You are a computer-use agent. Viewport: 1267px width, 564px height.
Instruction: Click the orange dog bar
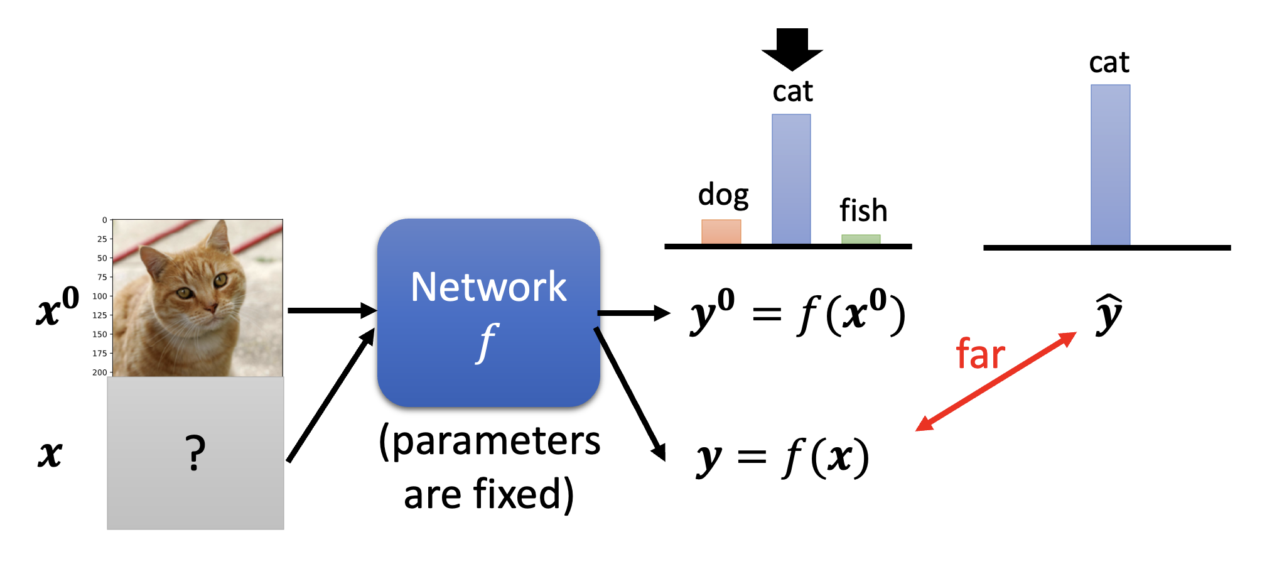point(721,231)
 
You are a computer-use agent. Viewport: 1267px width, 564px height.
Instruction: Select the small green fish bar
point(861,239)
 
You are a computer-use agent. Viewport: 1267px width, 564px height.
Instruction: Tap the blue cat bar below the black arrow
point(791,179)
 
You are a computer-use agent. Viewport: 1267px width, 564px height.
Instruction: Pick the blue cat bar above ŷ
point(1110,165)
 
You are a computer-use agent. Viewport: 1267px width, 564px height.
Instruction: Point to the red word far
point(980,354)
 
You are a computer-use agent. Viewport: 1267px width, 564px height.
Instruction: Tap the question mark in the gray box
point(195,453)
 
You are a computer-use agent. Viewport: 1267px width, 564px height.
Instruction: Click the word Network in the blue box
point(488,287)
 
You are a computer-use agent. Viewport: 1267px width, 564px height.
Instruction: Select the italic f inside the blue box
point(487,342)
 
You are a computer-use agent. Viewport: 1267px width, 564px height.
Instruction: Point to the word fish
point(863,210)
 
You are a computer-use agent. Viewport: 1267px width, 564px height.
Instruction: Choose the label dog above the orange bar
point(723,195)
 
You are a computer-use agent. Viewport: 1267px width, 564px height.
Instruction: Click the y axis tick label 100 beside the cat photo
point(100,296)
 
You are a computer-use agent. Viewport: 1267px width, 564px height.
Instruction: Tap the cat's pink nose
point(212,307)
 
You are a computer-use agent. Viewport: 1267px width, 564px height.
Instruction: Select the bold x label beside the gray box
point(50,453)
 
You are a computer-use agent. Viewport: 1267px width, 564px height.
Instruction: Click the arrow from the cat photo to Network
point(332,310)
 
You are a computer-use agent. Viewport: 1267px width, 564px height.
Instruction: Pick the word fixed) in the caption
point(524,494)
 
